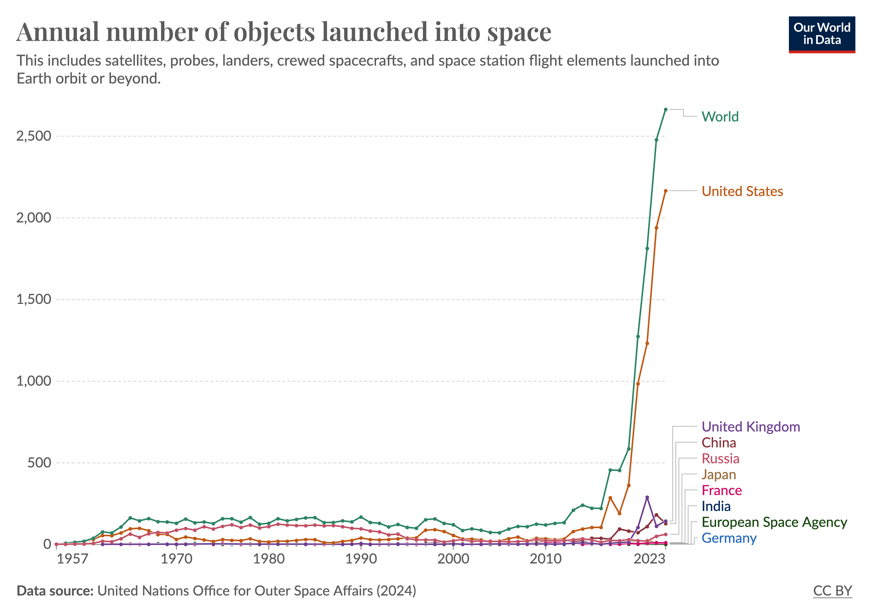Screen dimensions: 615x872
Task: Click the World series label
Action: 720,117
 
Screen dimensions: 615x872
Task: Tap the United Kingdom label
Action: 750,427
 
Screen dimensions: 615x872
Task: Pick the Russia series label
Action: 720,459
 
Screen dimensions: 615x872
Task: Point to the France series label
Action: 721,490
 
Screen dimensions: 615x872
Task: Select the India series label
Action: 716,507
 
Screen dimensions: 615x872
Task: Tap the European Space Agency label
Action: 774,522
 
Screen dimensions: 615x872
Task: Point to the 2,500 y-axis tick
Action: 33,136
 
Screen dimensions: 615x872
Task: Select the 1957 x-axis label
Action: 72,559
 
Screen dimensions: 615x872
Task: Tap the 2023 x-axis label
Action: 649,559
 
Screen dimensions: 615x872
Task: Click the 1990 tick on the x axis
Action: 361,559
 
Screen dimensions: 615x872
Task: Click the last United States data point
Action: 665,191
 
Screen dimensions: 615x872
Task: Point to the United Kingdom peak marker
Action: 647,497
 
